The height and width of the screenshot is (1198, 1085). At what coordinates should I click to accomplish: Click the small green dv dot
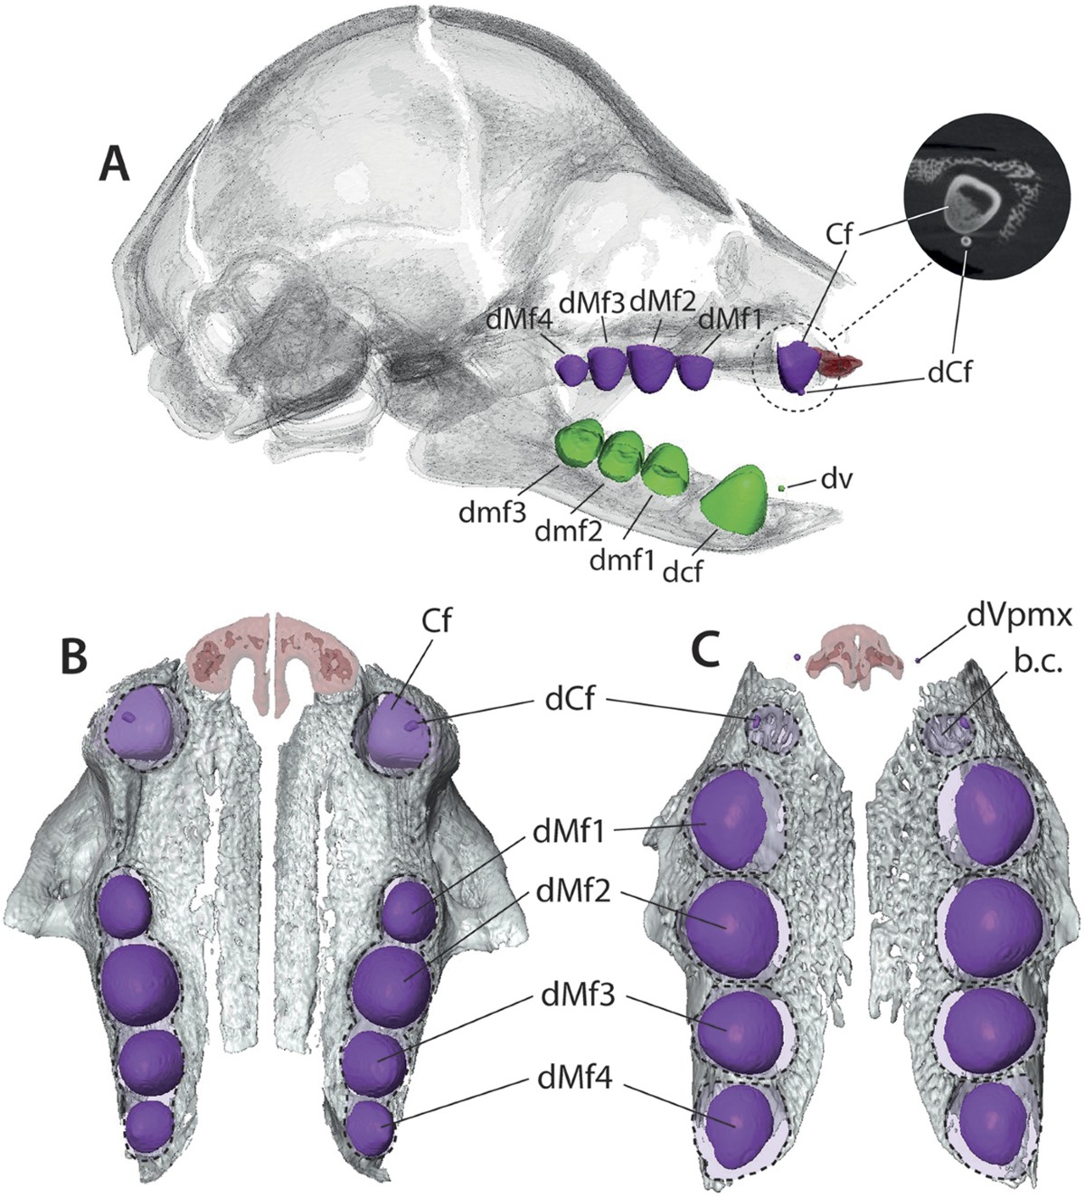[x=781, y=488]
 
